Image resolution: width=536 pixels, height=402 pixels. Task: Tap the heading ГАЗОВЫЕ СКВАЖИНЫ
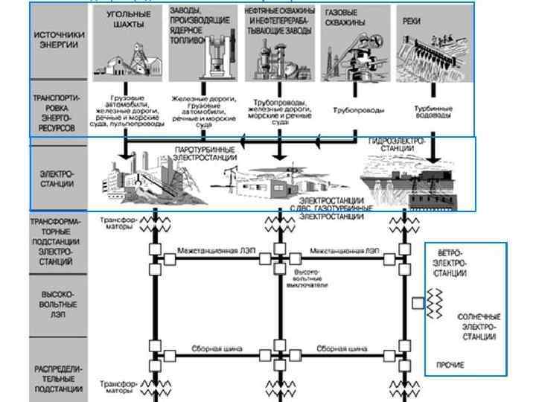click(341, 17)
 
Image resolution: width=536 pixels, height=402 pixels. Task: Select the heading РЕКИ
click(412, 21)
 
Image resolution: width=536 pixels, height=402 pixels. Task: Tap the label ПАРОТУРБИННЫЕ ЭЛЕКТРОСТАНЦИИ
click(206, 153)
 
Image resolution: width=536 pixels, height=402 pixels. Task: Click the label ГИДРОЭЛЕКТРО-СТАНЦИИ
click(397, 144)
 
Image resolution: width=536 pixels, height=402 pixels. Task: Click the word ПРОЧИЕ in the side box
click(450, 365)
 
